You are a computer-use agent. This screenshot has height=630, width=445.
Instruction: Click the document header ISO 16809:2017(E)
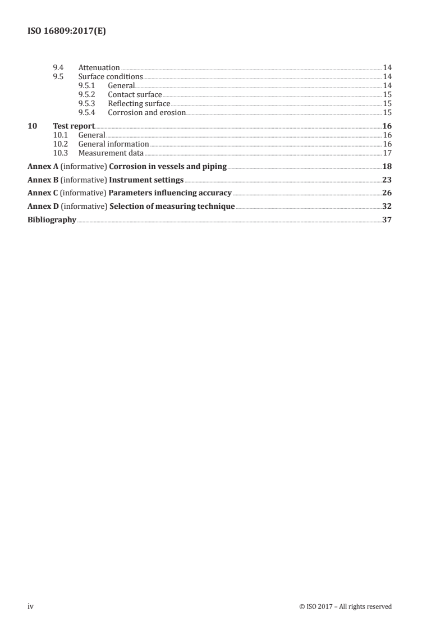[x=67, y=32]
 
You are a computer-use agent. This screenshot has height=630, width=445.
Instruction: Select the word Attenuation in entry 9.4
[x=99, y=68]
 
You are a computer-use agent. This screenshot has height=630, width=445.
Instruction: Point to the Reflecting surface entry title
[x=139, y=103]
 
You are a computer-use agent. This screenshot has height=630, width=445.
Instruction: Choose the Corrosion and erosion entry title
[x=146, y=112]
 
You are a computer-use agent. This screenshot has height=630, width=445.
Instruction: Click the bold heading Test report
[x=74, y=126]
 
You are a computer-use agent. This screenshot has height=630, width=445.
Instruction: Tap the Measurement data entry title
[x=111, y=153]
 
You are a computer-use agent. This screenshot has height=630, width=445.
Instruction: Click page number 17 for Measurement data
[x=387, y=153]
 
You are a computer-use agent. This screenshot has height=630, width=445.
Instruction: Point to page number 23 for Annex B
[x=386, y=180]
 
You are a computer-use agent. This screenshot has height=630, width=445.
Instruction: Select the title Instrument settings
[x=146, y=180]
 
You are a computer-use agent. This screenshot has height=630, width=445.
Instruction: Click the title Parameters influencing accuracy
[x=171, y=193]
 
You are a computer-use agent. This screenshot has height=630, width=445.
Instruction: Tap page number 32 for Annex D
[x=386, y=207]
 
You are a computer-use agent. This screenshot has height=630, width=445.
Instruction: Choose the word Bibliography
[x=52, y=220]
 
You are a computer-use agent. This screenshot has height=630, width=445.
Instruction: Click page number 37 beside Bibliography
[x=386, y=220]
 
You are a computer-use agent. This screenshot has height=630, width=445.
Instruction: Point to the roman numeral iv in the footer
[x=31, y=606]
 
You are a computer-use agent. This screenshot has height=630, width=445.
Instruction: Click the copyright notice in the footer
[x=346, y=606]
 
